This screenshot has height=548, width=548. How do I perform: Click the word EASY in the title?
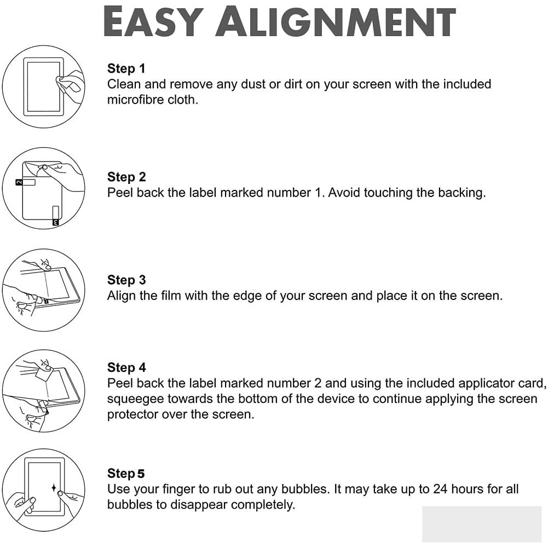[x=153, y=21]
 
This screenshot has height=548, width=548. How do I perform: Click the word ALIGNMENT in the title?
[x=336, y=21]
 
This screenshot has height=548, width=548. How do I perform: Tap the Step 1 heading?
[x=126, y=68]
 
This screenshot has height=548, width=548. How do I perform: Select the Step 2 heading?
[x=126, y=177]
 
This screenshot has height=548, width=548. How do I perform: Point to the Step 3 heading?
[x=126, y=280]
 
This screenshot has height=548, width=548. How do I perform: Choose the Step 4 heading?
[x=126, y=367]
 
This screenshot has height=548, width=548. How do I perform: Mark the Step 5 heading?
[x=126, y=473]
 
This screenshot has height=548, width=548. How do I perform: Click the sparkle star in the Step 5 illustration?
[x=54, y=488]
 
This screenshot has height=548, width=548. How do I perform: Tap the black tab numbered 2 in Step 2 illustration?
[x=19, y=182]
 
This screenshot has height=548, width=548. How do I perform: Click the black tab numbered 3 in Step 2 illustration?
[x=56, y=222]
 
